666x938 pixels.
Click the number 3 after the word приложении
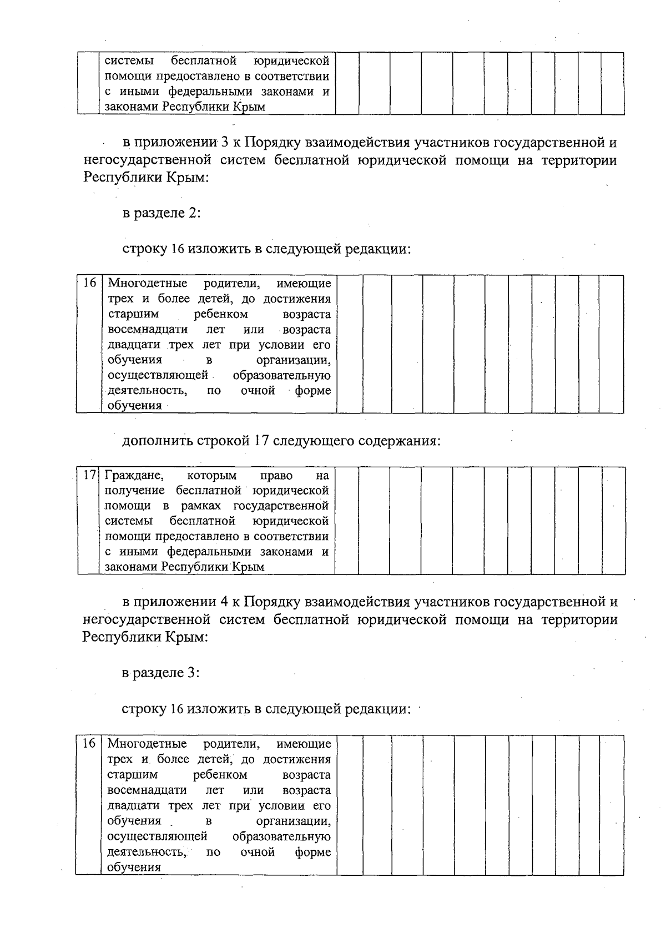[x=225, y=143]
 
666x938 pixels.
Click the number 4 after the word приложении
[x=225, y=602]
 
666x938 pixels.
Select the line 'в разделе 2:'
[x=161, y=213]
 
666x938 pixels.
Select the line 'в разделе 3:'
[x=161, y=673]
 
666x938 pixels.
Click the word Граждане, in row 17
[x=134, y=476]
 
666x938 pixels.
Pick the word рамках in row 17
[x=200, y=506]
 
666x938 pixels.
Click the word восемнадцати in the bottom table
[x=147, y=790]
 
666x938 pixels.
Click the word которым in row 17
[x=212, y=476]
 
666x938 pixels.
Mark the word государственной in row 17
[x=281, y=506]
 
